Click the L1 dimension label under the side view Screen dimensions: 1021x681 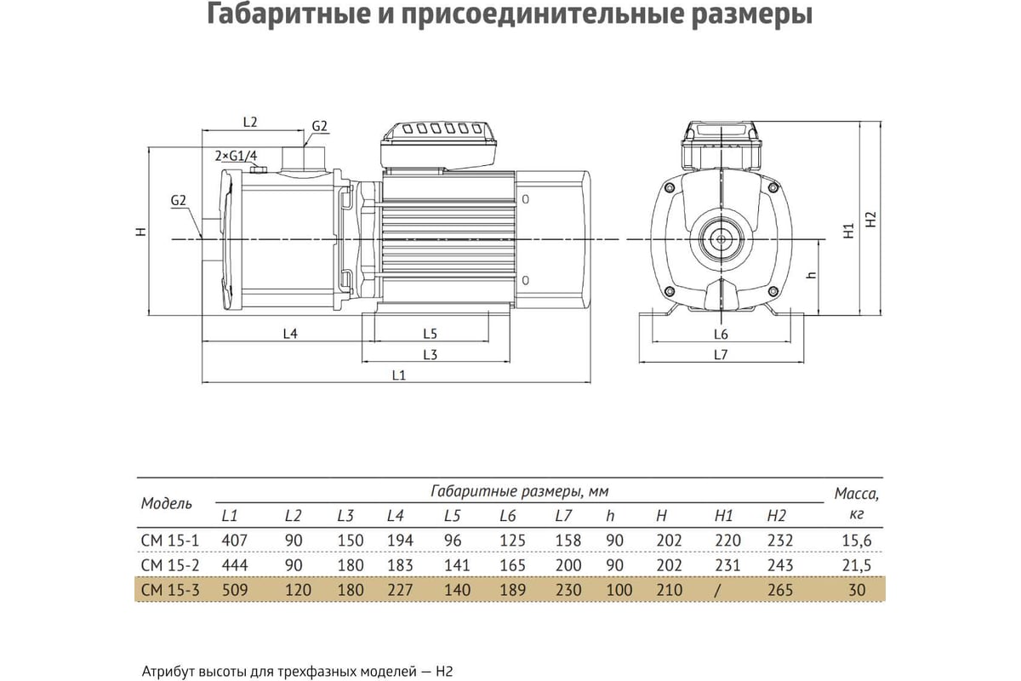399,375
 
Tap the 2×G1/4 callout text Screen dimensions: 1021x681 237,156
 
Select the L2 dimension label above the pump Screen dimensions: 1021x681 250,122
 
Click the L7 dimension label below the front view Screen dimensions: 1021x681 721,354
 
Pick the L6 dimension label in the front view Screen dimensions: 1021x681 721,335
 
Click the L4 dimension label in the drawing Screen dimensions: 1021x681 290,334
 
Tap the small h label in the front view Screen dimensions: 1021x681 812,275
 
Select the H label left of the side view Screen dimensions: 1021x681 142,232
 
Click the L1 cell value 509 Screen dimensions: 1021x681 235,590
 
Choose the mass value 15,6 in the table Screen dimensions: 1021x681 857,541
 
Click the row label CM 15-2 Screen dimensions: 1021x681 170,565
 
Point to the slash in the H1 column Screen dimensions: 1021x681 717,590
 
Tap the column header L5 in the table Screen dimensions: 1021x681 452,515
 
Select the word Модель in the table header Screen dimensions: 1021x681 167,503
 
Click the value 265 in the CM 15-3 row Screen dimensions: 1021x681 780,590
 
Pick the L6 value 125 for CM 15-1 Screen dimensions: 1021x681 512,541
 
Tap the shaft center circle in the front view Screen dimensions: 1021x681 722,239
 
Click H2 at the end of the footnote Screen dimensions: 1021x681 444,672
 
